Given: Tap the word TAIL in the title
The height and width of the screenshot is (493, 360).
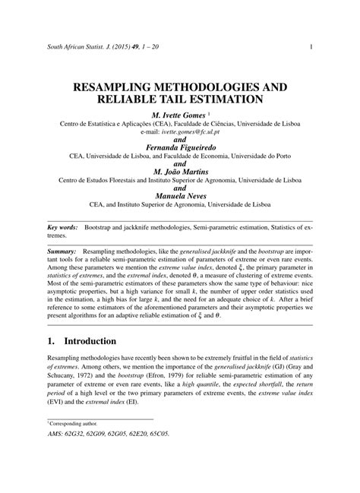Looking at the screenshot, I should click(x=204, y=100).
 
